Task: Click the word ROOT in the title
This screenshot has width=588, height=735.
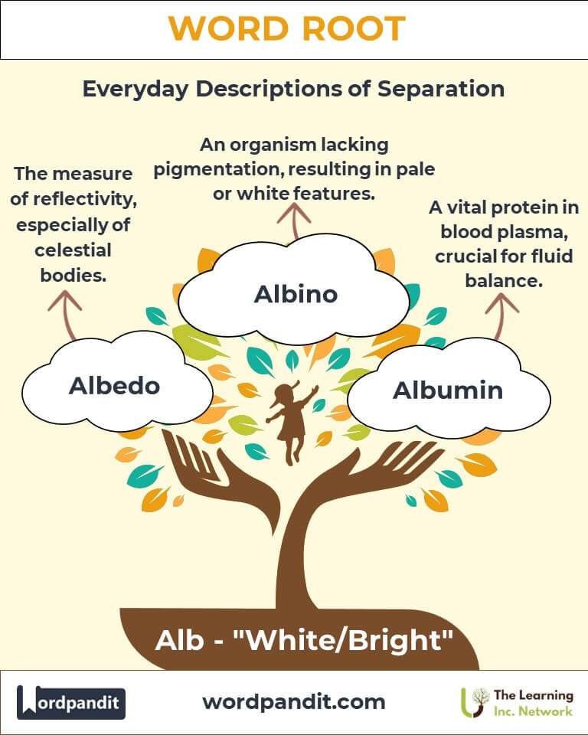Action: point(354,28)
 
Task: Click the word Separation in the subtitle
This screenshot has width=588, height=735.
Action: point(441,89)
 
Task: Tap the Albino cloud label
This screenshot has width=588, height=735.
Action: point(296,294)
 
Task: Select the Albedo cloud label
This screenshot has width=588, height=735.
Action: point(114,386)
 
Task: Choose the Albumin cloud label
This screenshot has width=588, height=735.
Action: point(448,390)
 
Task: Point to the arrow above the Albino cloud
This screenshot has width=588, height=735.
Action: point(294,221)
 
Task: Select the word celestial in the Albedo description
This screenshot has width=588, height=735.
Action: point(73,250)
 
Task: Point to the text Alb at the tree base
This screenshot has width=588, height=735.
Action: point(180,640)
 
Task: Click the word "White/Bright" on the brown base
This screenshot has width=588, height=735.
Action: point(343,640)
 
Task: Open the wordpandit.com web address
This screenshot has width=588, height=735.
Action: point(294,702)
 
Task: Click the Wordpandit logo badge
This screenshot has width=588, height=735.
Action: point(70,702)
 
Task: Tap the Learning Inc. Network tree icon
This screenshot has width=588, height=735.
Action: point(475,702)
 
